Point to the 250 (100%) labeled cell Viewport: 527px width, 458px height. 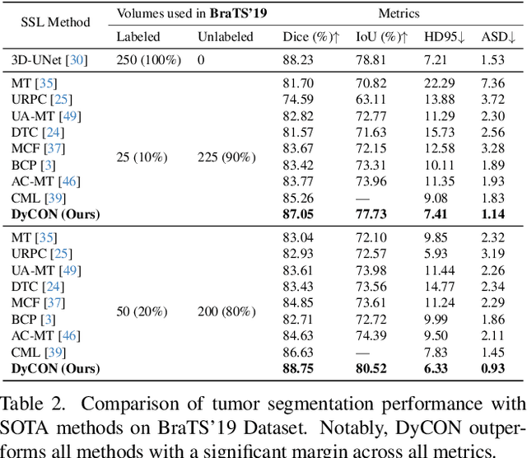(x=139, y=59)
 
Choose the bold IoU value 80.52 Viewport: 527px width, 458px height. (x=372, y=369)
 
